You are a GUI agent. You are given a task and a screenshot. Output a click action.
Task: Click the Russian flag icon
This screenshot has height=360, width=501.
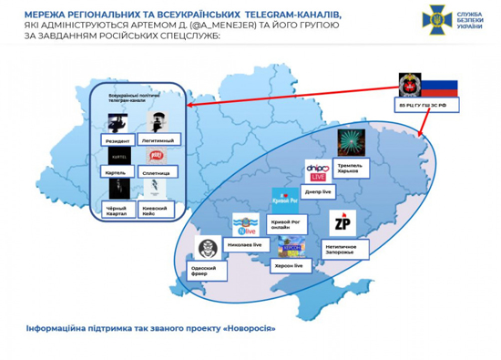[x=443, y=88]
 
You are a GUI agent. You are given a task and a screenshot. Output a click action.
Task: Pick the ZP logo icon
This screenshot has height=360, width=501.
[x=342, y=224]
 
